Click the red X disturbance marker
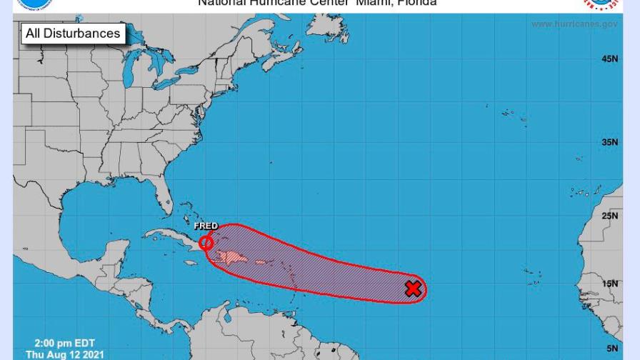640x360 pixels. coord(413,289)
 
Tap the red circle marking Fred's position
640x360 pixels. coord(206,243)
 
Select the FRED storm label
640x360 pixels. coord(206,226)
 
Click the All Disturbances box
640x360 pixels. coord(73,34)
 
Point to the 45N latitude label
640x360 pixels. coord(609,59)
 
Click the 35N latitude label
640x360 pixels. coord(609,142)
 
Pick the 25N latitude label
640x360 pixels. coord(609,216)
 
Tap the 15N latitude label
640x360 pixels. coord(609,284)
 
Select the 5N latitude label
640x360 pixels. coord(611,349)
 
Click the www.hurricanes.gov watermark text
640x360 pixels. coord(574,24)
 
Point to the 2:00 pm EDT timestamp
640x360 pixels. coord(64,344)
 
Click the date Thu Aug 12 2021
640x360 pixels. coord(64,354)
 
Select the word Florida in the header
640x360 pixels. coord(416,3)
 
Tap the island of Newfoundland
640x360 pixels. coord(336,29)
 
